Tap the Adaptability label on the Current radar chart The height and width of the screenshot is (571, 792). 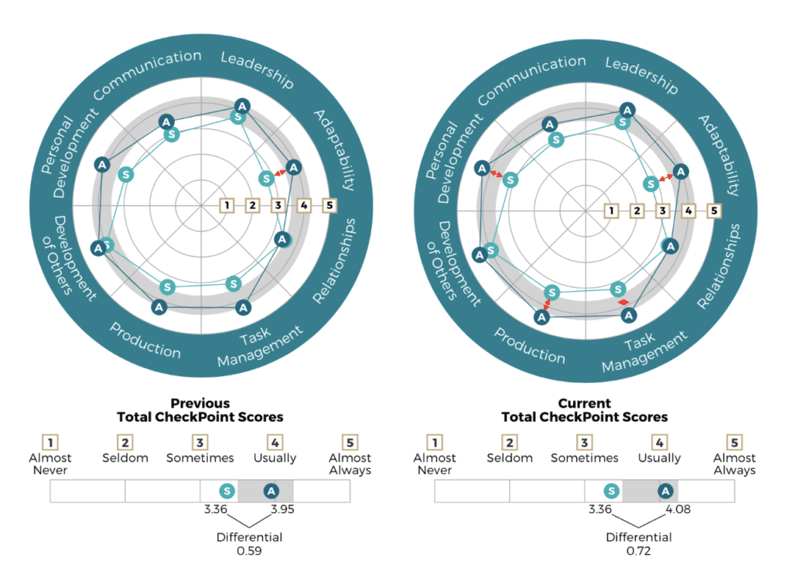click(x=723, y=155)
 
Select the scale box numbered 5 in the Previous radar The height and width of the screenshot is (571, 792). click(x=330, y=205)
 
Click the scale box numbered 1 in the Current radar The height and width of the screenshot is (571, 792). click(x=611, y=210)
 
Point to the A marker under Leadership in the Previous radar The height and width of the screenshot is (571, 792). click(x=242, y=106)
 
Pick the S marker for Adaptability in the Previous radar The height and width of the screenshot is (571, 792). click(x=267, y=178)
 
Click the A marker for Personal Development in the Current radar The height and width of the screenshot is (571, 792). click(x=482, y=168)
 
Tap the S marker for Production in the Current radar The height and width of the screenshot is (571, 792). click(x=551, y=292)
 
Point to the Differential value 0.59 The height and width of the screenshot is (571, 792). click(x=248, y=552)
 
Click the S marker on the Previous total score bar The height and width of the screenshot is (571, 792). click(x=226, y=491)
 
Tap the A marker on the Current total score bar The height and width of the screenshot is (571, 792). click(x=665, y=491)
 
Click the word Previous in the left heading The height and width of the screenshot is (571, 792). click(x=200, y=403)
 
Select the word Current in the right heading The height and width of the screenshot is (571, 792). click(x=585, y=403)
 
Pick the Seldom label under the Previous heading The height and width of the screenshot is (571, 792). click(x=125, y=458)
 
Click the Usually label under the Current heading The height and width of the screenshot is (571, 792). click(x=659, y=458)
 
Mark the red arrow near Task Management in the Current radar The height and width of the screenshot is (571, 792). click(x=625, y=301)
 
